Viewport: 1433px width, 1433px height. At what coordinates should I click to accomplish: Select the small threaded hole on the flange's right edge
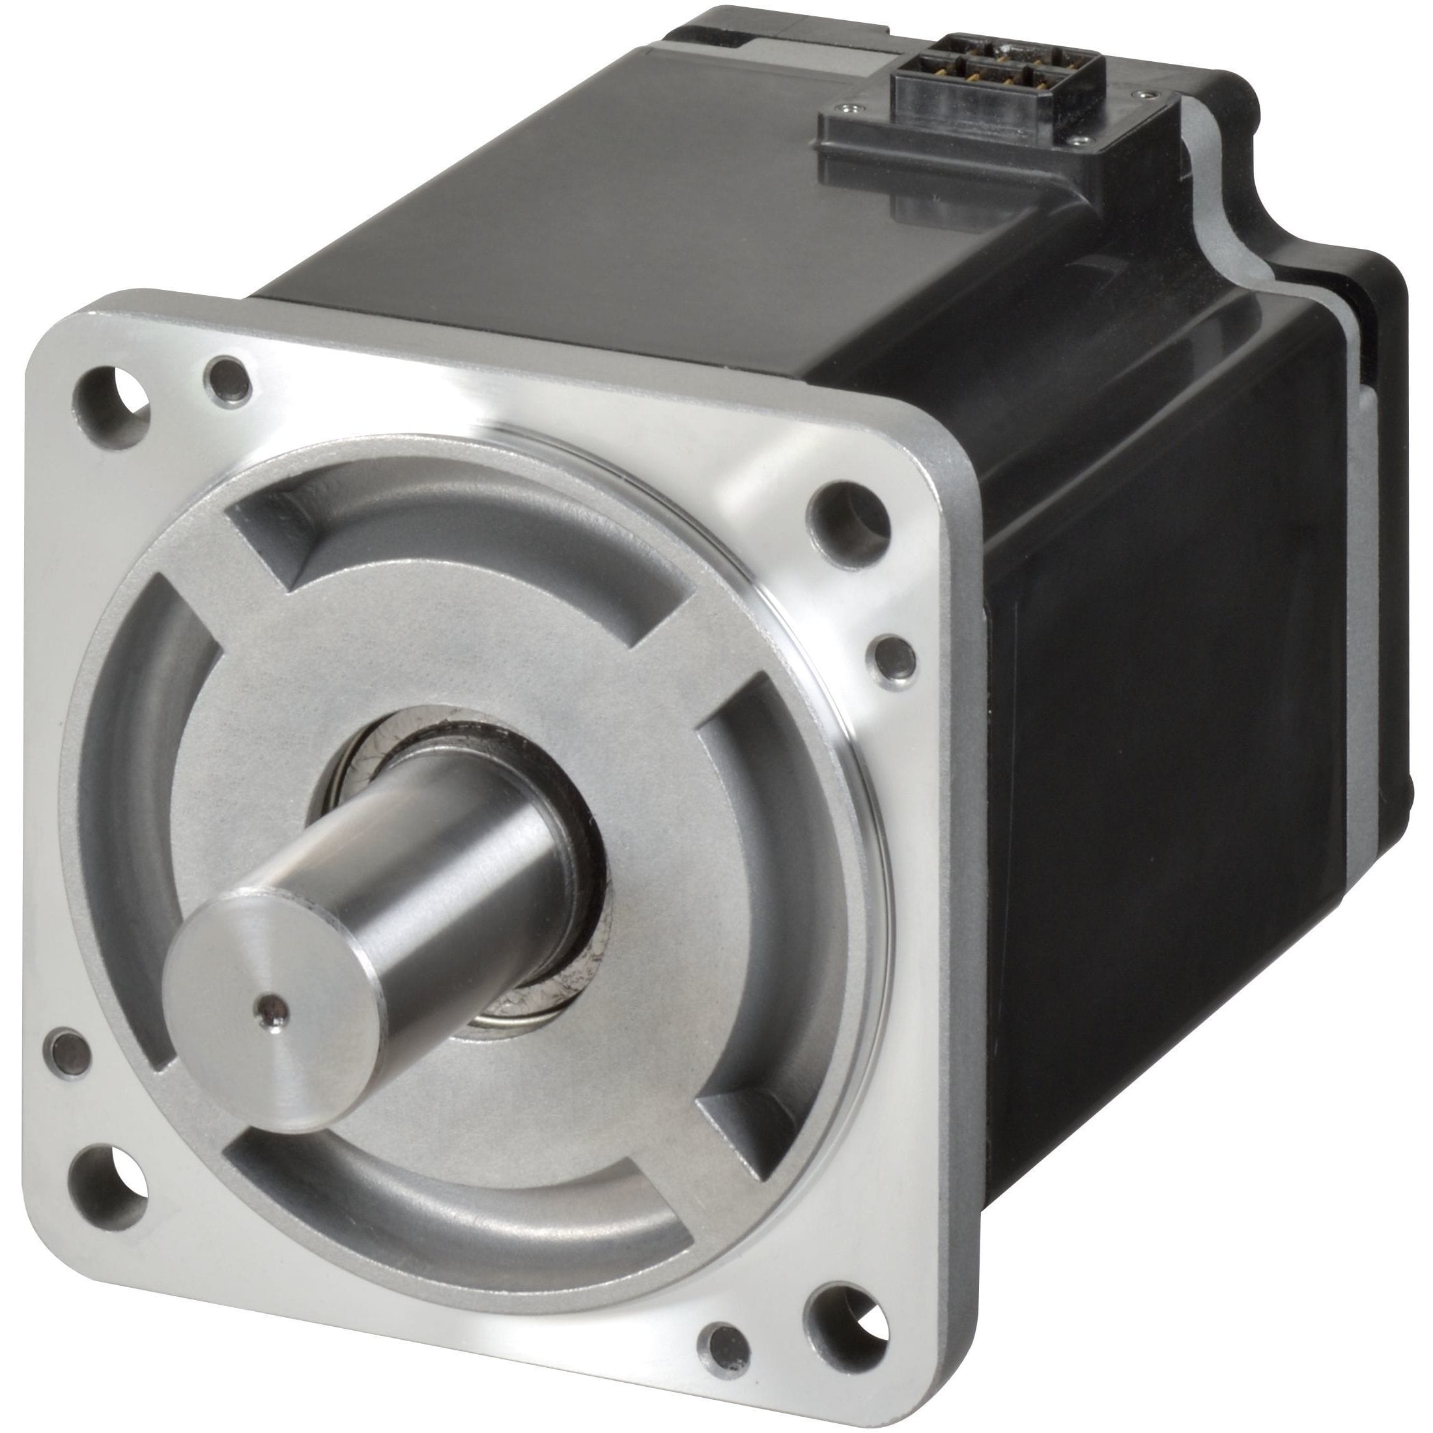(895, 657)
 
